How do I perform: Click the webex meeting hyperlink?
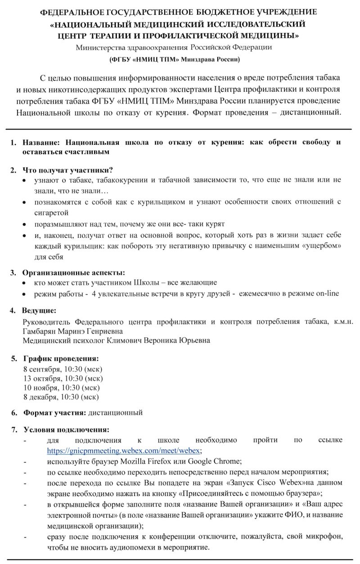coord(124,449)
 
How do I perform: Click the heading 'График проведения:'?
coord(61,358)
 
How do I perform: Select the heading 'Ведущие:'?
coord(39,310)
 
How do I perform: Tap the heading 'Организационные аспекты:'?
coord(74,272)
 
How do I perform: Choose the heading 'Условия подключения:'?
coord(66,429)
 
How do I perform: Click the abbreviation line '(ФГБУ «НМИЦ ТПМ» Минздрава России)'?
coord(175,59)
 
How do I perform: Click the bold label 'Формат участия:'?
coord(54,412)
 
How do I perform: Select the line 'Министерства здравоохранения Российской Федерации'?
coord(174,47)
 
